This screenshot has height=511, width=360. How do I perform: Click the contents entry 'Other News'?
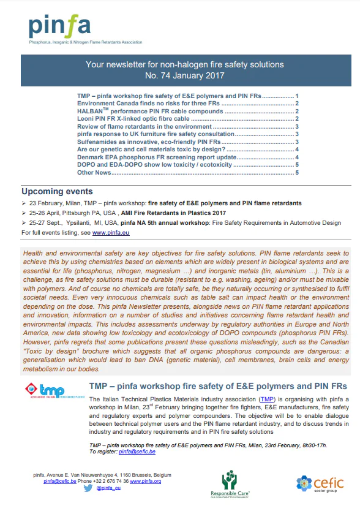(94, 172)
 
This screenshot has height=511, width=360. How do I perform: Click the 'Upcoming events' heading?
(57, 191)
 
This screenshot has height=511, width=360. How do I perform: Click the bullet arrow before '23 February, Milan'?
(24, 202)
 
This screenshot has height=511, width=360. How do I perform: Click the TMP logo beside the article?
(50, 392)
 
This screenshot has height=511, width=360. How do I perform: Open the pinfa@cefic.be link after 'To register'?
(137, 452)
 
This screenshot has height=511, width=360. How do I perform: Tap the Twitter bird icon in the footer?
(88, 488)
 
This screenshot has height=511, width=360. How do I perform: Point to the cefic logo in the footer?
(320, 483)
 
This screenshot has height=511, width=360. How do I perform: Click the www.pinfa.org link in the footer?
(148, 482)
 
